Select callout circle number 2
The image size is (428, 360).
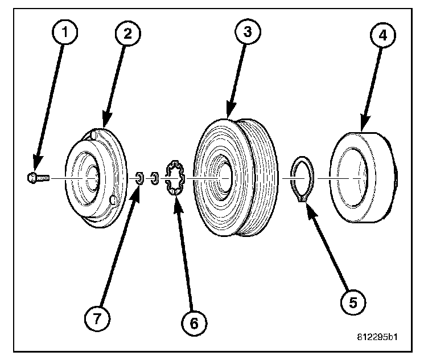point(127,34)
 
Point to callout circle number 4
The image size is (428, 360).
point(382,35)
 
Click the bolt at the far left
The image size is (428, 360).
point(38,178)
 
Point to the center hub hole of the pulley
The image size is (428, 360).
point(221,178)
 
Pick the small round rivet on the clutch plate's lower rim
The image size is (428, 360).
point(113,200)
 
